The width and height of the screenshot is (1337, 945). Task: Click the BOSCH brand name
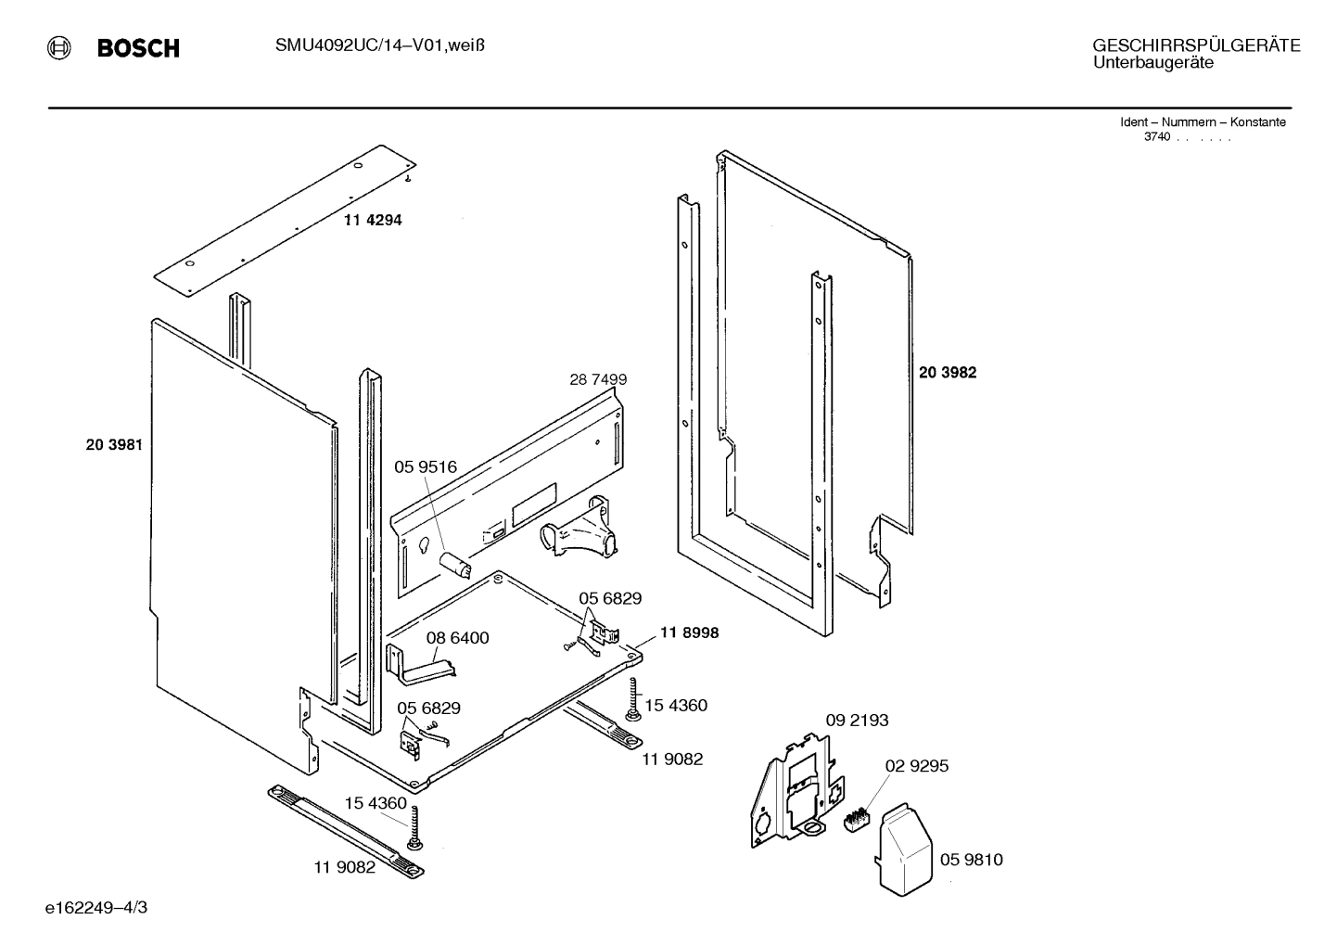click(138, 49)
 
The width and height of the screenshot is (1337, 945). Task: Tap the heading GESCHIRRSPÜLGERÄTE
click(1196, 45)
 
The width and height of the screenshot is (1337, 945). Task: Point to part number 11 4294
click(373, 221)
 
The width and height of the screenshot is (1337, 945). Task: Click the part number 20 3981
click(114, 444)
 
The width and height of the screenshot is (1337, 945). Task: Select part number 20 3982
click(948, 373)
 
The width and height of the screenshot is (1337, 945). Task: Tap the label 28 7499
click(598, 379)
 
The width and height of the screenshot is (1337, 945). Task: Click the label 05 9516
click(426, 467)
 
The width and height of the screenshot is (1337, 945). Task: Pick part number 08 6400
click(458, 638)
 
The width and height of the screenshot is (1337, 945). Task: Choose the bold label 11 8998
click(690, 632)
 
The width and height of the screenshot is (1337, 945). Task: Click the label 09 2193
click(858, 720)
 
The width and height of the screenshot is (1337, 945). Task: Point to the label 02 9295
click(917, 766)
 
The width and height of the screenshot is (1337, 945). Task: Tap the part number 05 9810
click(972, 860)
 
